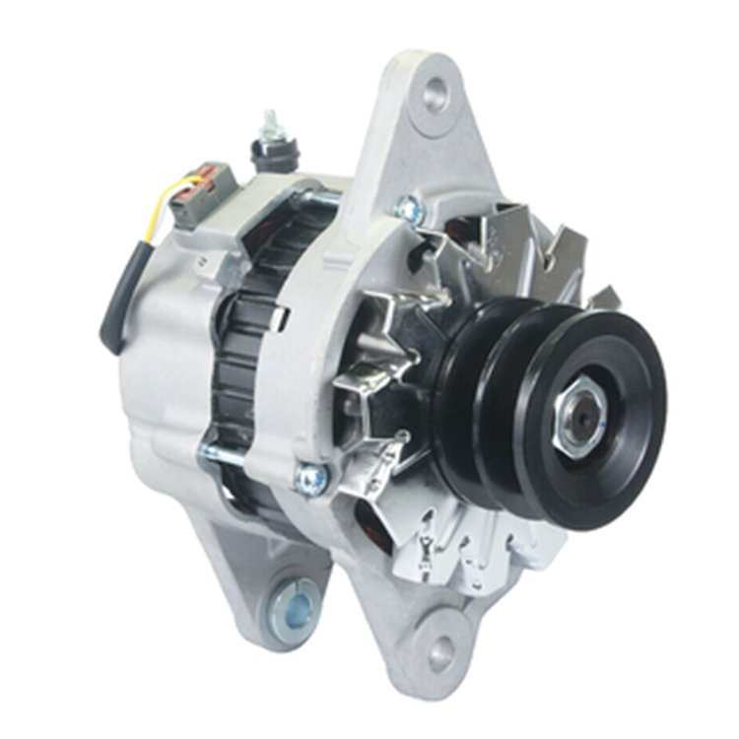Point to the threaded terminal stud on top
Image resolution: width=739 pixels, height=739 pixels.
point(268,125)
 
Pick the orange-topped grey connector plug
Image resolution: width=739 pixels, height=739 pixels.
point(194,193)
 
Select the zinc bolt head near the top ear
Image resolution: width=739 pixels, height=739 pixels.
point(406,207)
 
